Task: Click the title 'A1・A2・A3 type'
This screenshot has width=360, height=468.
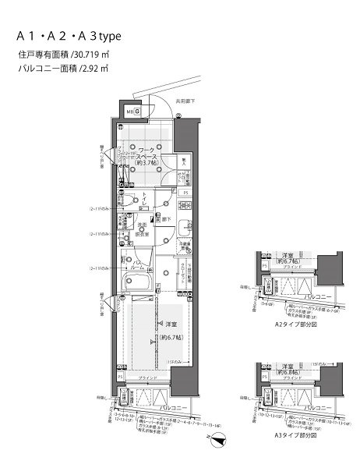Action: coord(70,37)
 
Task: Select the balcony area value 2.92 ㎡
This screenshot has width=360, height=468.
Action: coord(97,69)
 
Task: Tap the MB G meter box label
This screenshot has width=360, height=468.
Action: coord(133,112)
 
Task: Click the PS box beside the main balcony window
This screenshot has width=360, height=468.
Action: coord(121,375)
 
